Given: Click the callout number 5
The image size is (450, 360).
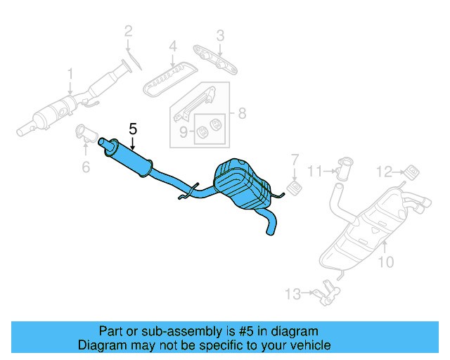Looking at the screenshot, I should tap(134, 129).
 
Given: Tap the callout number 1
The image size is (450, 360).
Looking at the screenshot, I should tap(70, 73).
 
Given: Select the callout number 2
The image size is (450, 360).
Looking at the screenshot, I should tap(129, 30).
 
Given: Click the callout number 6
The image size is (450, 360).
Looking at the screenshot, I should tap(86, 167).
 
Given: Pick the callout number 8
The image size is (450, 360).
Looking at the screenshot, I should tap(241, 113).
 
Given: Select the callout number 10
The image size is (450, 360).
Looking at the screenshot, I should tap(386, 263).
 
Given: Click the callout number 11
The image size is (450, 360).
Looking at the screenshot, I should tap(314, 170).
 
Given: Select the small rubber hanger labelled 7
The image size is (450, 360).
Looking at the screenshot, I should tap(296, 188).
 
